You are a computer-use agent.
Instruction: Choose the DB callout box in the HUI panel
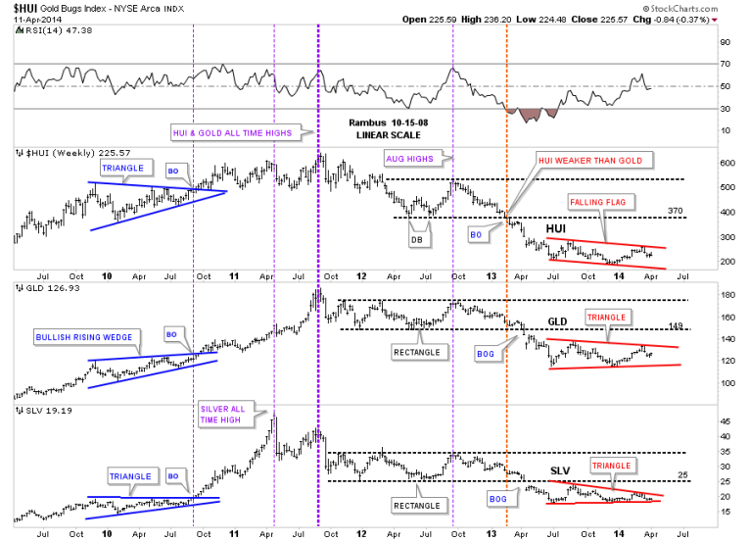(x=415, y=239)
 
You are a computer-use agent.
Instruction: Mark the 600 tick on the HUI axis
(x=700, y=164)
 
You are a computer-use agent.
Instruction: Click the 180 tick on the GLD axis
(x=699, y=294)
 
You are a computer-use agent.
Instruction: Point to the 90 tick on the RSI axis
(x=697, y=43)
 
